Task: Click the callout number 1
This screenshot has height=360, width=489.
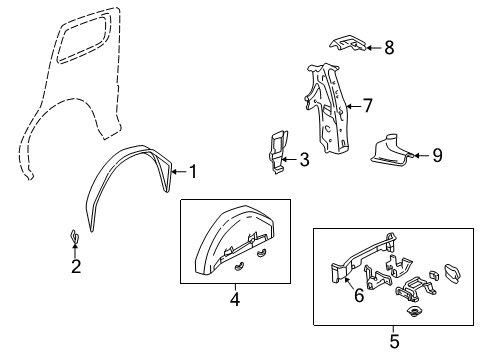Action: tap(193, 171)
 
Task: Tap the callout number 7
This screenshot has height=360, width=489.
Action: tap(367, 104)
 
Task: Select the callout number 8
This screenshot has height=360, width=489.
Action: tap(388, 46)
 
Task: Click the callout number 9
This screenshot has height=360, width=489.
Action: tap(436, 155)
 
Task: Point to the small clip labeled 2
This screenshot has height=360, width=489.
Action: tap(74, 237)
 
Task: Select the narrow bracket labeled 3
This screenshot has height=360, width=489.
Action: tap(277, 151)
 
